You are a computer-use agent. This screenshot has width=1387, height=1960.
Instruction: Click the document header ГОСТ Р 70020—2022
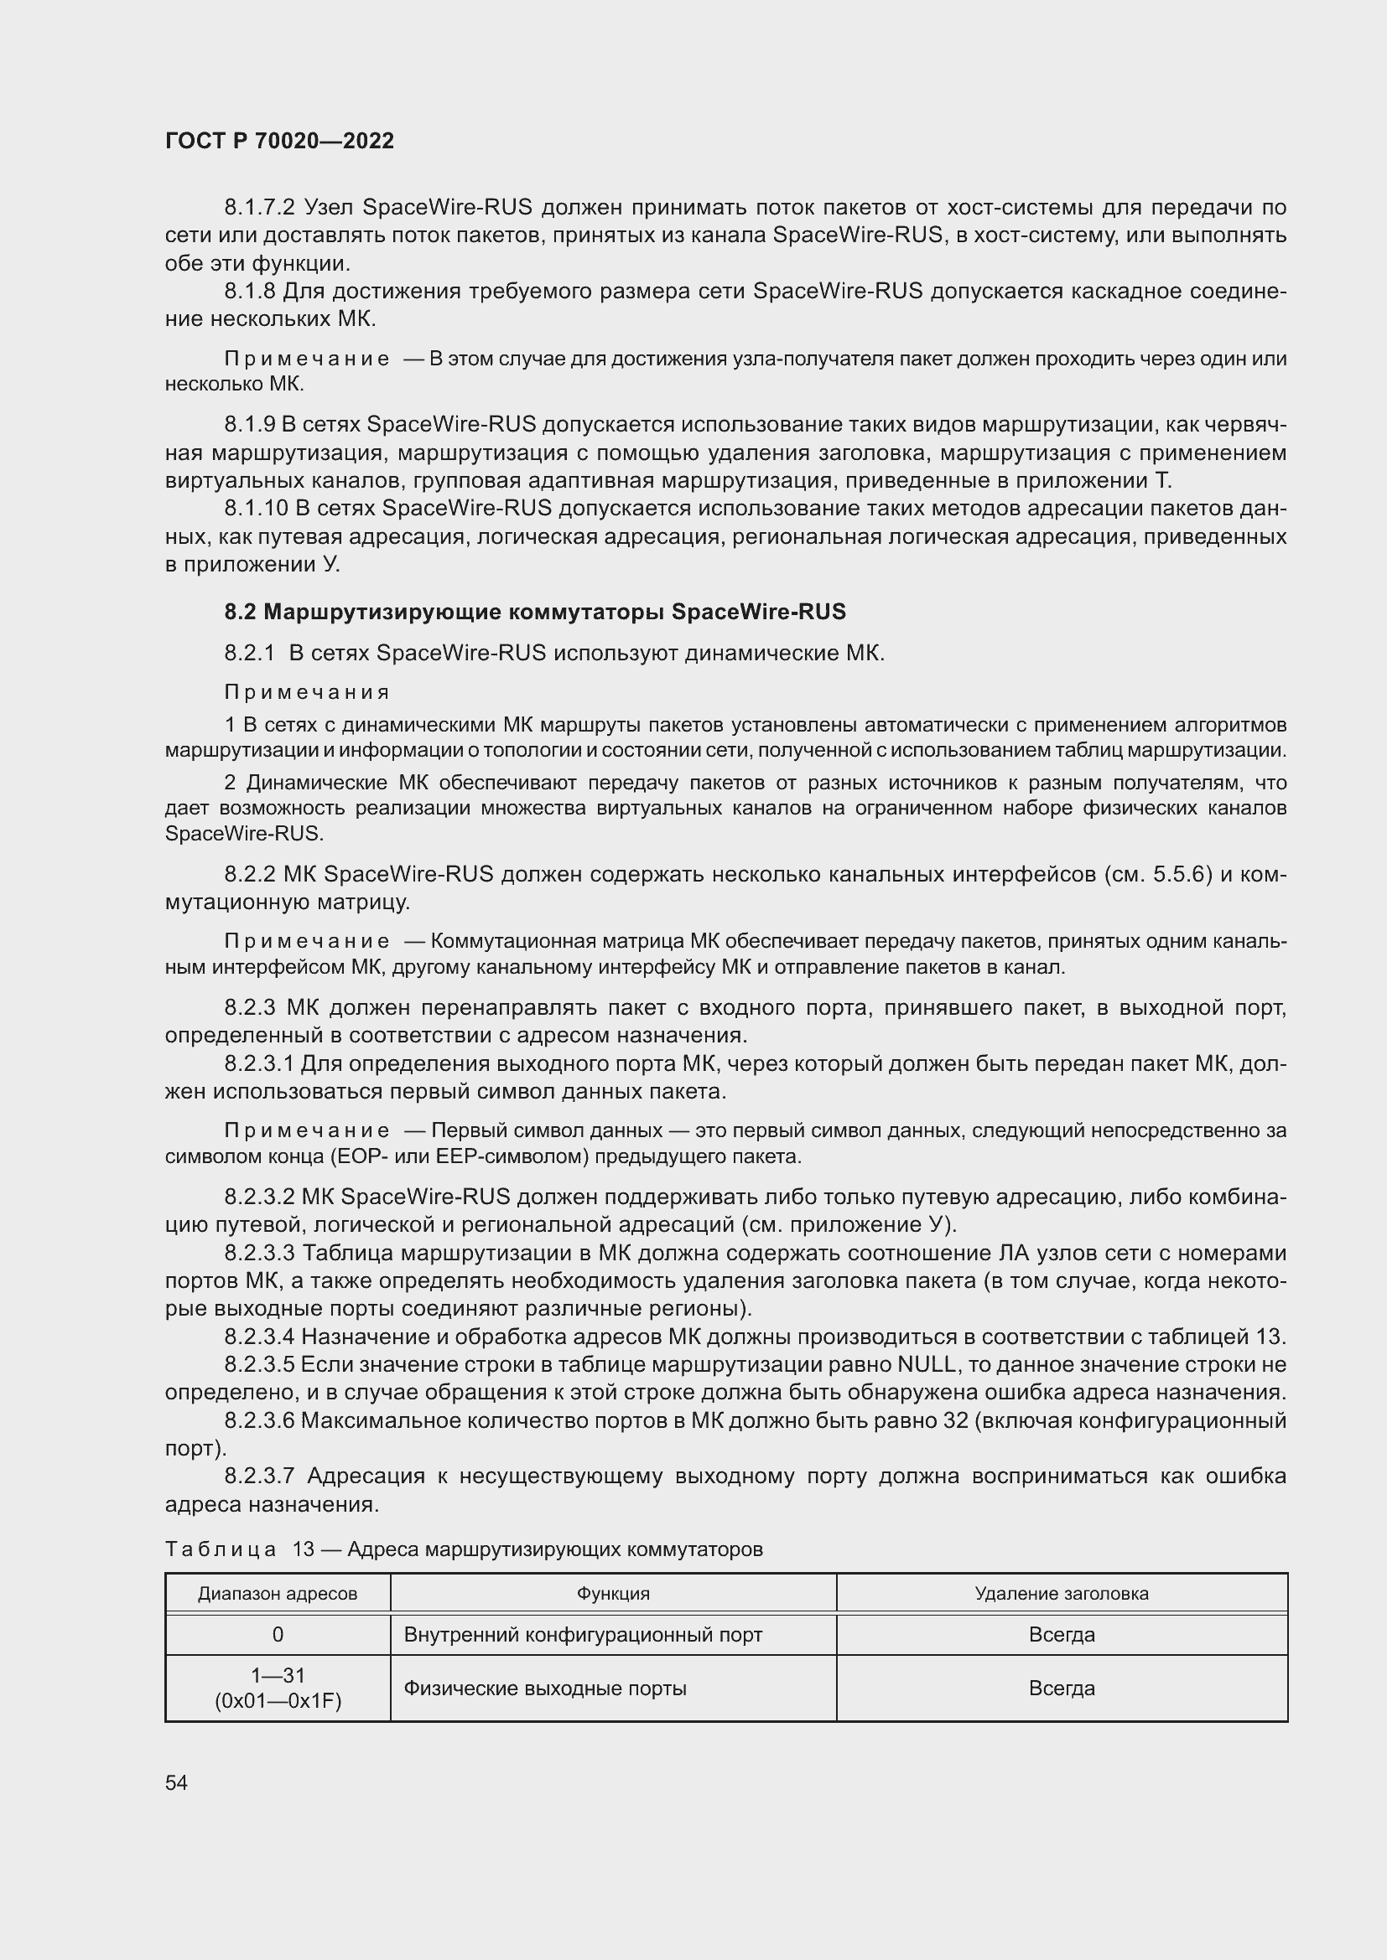(279, 141)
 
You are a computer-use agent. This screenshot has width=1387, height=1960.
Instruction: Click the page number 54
(176, 1782)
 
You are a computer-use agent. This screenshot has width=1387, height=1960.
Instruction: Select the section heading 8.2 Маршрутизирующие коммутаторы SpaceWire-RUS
(535, 611)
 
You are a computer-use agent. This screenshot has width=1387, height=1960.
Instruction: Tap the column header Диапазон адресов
(278, 1593)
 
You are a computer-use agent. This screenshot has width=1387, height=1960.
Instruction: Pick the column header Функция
(612, 1593)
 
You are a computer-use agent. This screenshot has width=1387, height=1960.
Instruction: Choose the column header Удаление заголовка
(1061, 1593)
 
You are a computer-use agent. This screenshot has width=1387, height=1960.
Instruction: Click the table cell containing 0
(278, 1634)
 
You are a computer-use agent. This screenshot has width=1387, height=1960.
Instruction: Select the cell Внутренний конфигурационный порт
(583, 1634)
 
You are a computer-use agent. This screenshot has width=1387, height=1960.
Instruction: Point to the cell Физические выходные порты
(545, 1688)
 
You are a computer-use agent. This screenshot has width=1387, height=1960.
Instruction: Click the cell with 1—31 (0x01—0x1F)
(278, 1688)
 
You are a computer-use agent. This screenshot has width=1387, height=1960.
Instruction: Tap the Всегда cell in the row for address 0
(1061, 1634)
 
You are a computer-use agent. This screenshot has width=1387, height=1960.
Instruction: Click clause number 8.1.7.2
(259, 208)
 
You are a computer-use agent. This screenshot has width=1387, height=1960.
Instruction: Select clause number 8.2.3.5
(259, 1364)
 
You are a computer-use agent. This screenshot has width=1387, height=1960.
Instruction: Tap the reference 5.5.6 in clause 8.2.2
(1182, 874)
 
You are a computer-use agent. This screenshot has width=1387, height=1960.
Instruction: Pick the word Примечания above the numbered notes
(308, 691)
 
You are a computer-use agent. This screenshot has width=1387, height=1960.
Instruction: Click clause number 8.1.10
(257, 509)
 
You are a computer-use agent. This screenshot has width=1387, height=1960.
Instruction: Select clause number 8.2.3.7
(259, 1476)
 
